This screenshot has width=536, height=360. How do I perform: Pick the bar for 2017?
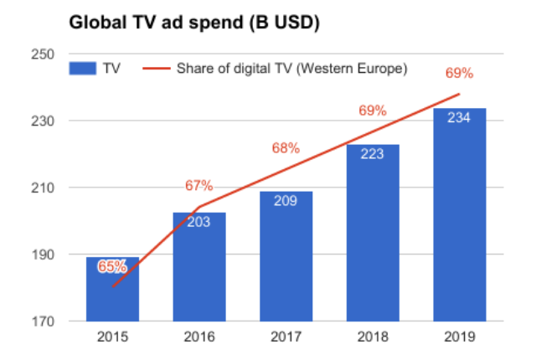point(286,260)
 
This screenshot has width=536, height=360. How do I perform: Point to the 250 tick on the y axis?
point(44,54)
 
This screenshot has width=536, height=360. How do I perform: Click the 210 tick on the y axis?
point(44,188)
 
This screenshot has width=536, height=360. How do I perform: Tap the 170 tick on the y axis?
point(44,321)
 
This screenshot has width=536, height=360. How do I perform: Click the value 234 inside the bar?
point(459,119)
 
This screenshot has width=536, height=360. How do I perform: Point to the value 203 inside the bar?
point(199,224)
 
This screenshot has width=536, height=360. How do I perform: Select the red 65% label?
point(112,267)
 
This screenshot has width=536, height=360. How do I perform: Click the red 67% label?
point(199,186)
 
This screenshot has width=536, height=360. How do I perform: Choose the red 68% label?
point(286,148)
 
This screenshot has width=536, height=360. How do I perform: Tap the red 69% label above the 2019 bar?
point(458,74)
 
